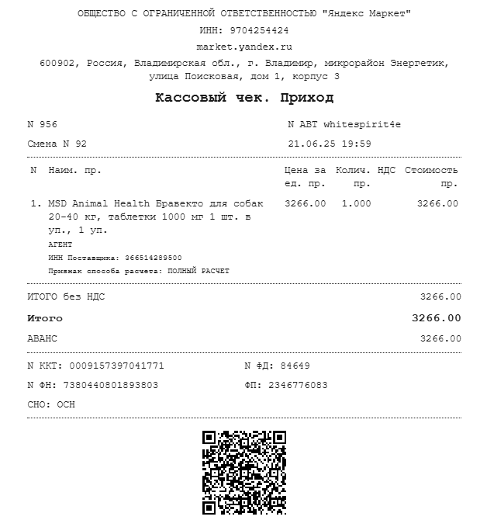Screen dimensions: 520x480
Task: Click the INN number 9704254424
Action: pos(259,30)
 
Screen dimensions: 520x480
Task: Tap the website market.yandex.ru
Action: pos(243,47)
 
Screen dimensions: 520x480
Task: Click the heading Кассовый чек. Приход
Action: pos(243,98)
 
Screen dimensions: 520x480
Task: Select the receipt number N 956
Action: pos(42,124)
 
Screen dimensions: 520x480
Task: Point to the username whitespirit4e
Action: pos(362,124)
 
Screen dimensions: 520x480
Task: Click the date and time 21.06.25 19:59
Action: pos(329,144)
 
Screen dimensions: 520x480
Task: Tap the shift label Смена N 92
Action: pos(57,144)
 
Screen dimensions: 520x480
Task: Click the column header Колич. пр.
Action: pos(353,176)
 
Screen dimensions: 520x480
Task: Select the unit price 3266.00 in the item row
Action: pos(305,203)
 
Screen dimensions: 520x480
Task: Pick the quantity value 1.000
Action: pos(356,203)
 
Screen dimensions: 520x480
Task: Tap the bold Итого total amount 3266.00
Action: pos(436,318)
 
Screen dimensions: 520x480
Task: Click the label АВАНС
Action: pos(42,338)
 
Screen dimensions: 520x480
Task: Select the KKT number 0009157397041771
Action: pos(116,366)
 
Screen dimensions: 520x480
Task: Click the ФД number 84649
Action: pos(295,366)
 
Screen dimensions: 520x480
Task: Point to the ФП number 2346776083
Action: pos(298,385)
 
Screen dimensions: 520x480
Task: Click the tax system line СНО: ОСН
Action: pos(51,404)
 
